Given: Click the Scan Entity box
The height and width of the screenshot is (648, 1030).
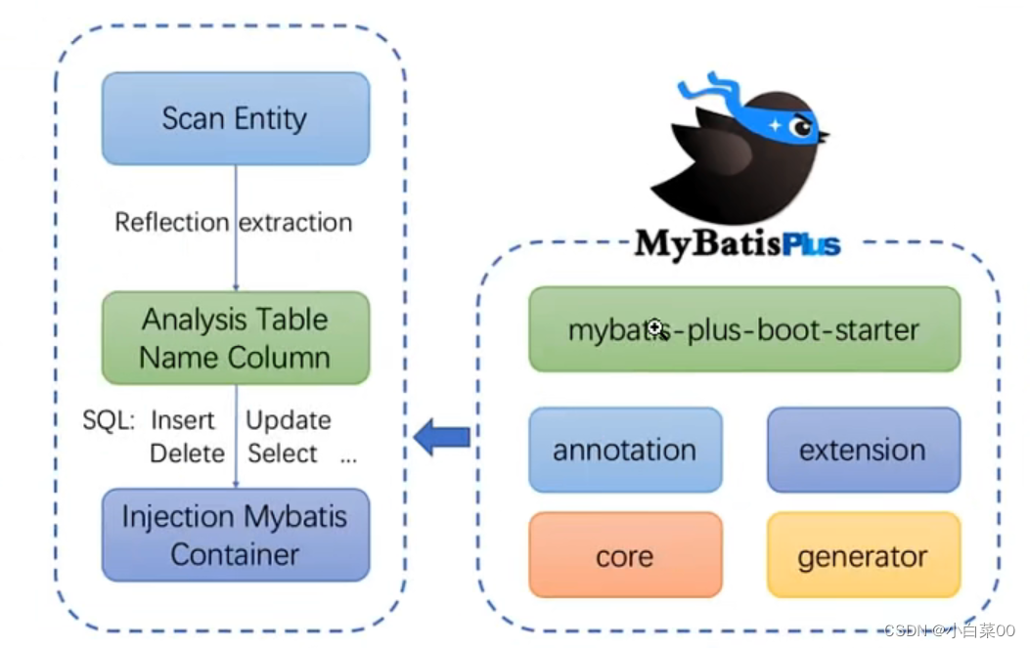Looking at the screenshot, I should [x=236, y=118].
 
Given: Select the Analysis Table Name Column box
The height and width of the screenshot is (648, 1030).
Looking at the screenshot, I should [x=236, y=338].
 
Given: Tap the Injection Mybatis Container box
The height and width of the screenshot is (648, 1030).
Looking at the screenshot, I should [x=236, y=535].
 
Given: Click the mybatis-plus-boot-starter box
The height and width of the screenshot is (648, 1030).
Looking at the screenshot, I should [x=743, y=329].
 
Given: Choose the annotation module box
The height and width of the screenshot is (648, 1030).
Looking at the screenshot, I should [x=625, y=450].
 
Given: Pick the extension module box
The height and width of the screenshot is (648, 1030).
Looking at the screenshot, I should [x=863, y=450].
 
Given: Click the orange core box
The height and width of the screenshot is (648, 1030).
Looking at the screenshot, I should [x=625, y=556].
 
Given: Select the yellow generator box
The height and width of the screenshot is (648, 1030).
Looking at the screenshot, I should [x=863, y=556].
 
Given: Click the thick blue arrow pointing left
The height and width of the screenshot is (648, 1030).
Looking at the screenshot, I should [x=442, y=437].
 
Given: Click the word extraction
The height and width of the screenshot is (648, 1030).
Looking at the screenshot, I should [x=296, y=223].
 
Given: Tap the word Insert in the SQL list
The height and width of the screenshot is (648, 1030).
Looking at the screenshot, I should [x=182, y=421].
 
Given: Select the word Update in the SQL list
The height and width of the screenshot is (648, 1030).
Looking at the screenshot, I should [x=289, y=421].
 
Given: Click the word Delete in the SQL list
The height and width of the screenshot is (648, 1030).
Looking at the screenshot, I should [x=187, y=454].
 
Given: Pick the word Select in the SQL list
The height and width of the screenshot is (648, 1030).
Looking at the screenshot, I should [x=283, y=454].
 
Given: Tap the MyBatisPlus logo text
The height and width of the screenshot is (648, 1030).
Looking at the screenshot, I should [x=737, y=242].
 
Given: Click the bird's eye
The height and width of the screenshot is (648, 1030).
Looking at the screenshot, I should [x=800, y=126].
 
